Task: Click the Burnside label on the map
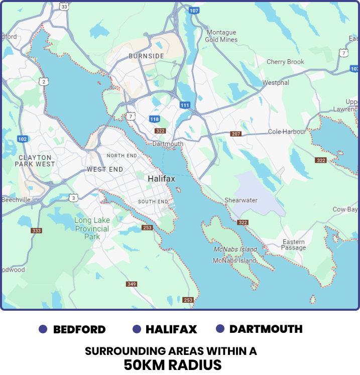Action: (x=146, y=56)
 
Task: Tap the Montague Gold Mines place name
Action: (x=221, y=36)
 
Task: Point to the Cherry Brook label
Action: (x=285, y=62)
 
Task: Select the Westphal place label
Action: (x=276, y=82)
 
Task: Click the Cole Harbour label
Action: (x=287, y=132)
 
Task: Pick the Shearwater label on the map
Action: (x=241, y=200)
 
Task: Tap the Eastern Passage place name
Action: (x=294, y=244)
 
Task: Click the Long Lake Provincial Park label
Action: (x=92, y=228)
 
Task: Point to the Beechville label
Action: (x=16, y=199)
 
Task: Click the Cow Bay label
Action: (x=345, y=209)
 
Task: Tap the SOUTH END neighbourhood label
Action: (x=153, y=202)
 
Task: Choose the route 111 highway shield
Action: (x=185, y=105)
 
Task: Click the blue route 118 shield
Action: (x=155, y=119)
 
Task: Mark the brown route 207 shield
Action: (x=236, y=134)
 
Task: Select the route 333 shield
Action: (x=36, y=230)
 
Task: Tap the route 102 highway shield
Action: (x=22, y=139)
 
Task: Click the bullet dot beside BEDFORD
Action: (x=43, y=329)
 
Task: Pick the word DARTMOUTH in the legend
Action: (x=266, y=329)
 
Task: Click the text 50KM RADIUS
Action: (x=173, y=364)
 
